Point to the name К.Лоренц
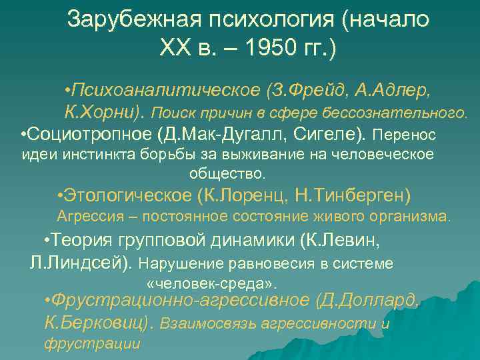pyautogui.click(x=241, y=196)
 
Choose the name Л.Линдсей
pyautogui.click(x=83, y=262)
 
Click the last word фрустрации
pyautogui.click(x=91, y=344)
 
